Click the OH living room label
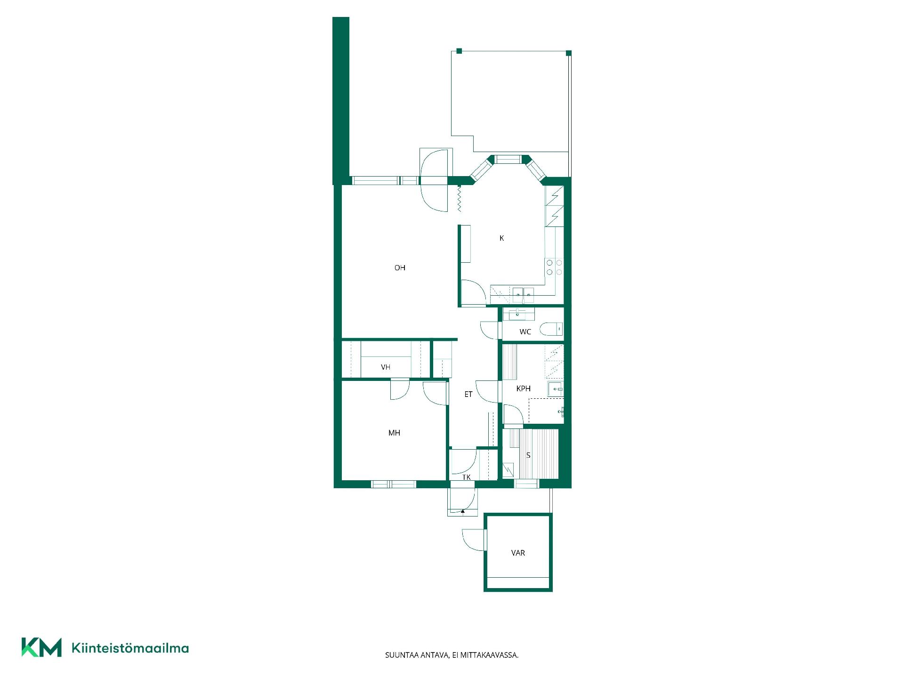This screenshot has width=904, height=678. click(400, 268)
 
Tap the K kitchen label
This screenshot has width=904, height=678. click(501, 238)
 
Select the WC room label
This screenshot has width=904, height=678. click(525, 332)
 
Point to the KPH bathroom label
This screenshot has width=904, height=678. click(523, 388)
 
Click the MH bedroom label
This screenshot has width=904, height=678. click(394, 433)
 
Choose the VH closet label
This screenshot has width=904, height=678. click(386, 367)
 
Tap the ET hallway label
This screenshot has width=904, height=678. click(468, 394)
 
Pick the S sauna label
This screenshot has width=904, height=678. click(528, 455)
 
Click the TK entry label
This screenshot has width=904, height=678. click(466, 477)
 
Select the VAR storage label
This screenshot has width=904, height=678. click(518, 553)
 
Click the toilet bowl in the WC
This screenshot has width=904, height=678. click(551, 329)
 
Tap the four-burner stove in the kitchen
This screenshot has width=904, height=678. click(554, 267)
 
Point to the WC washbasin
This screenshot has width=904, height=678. click(518, 314)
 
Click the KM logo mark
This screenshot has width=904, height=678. click(41, 647)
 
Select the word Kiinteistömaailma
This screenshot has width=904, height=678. click(130, 648)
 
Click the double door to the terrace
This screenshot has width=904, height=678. click(434, 180)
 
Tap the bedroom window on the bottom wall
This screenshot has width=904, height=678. click(394, 484)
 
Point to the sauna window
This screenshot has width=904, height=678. click(526, 484)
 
